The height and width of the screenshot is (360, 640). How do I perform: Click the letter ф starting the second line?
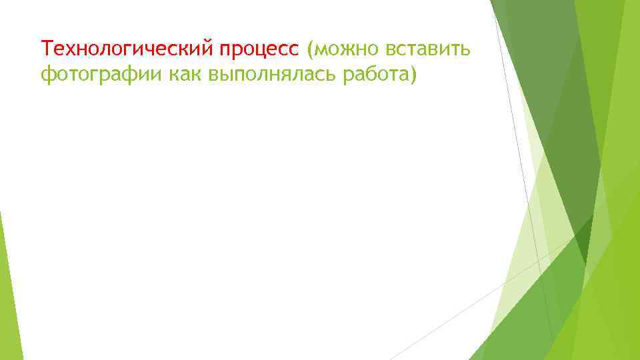pyautogui.click(x=47, y=76)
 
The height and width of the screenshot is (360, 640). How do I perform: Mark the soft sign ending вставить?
pyautogui.click(x=468, y=49)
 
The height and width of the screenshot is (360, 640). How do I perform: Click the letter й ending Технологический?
pyautogui.click(x=211, y=48)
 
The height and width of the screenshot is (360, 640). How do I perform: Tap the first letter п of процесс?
pyautogui.click(x=227, y=50)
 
